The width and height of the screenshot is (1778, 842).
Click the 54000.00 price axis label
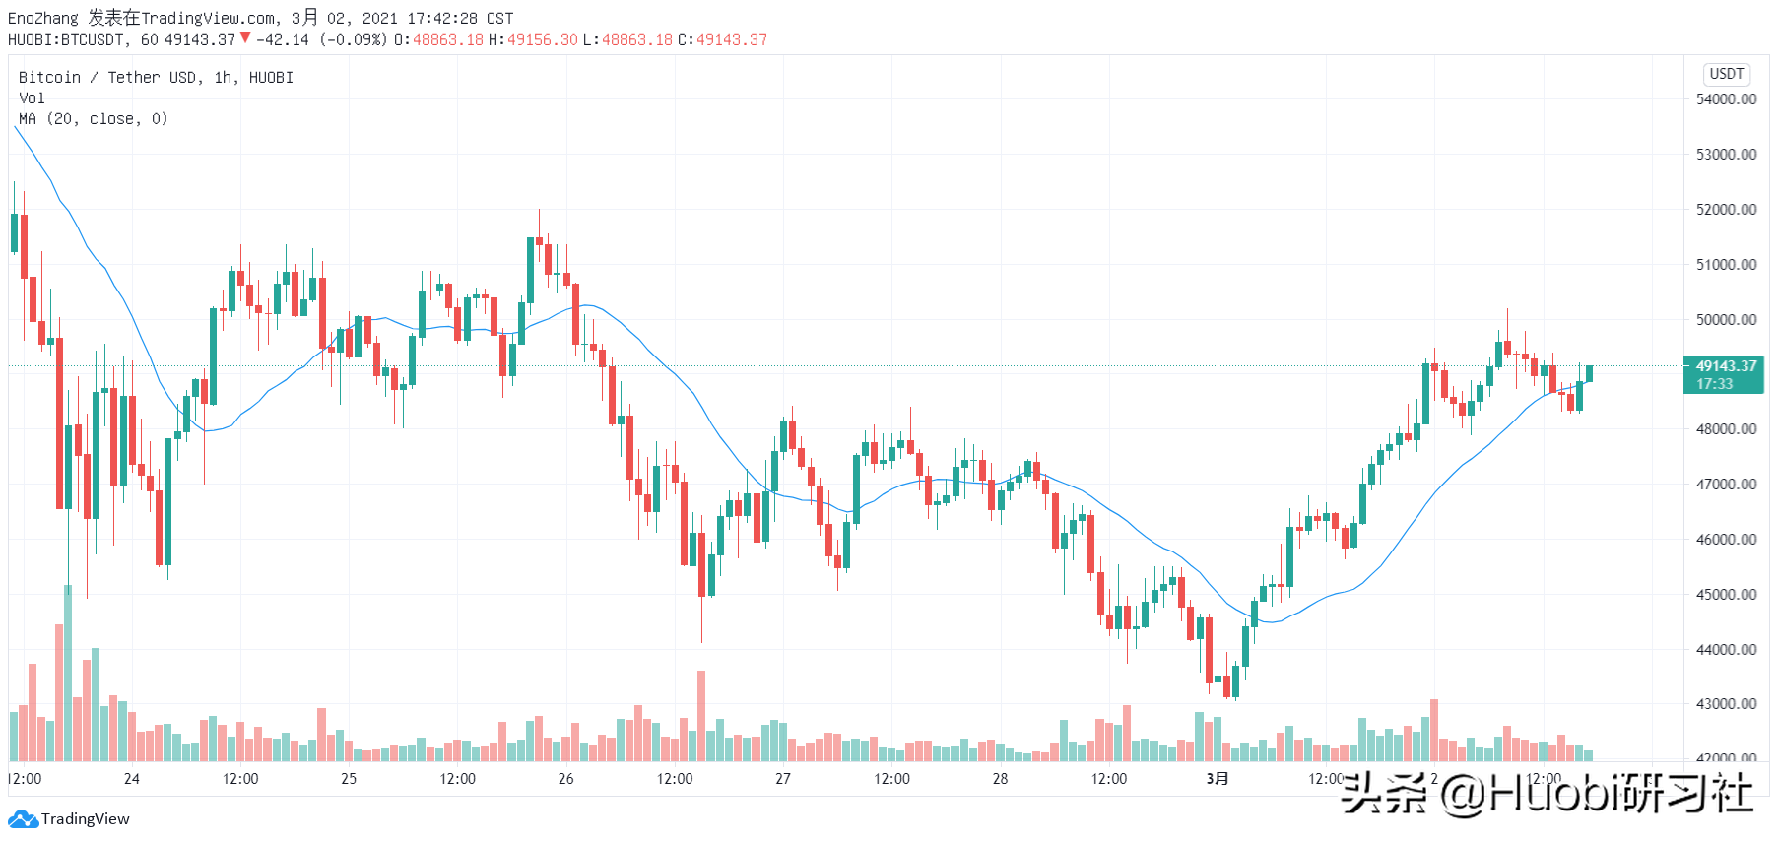pos(1726,99)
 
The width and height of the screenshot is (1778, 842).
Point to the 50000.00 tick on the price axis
pos(1726,320)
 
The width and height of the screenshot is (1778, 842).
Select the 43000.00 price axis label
pos(1726,704)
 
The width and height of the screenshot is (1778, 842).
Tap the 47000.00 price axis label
pos(1726,485)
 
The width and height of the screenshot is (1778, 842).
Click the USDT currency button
pos(1727,74)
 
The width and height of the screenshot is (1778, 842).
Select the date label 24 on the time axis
pos(132,779)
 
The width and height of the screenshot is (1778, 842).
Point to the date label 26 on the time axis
pos(565,779)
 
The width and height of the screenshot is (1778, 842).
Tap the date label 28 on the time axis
pos(1000,779)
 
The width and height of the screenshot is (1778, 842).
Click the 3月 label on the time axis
pos(1218,779)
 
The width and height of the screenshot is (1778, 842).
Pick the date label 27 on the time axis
pos(783,779)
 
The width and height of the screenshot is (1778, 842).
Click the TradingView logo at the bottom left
pos(69,819)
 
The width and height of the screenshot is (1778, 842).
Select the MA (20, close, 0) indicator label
pos(94,119)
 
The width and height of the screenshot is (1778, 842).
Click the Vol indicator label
pos(32,98)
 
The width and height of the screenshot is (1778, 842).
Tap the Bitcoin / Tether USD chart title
pos(108,78)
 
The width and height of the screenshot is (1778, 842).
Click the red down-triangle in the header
pos(245,38)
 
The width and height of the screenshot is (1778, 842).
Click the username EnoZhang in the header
pos(42,19)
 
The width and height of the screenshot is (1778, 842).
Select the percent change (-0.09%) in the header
pos(353,40)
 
